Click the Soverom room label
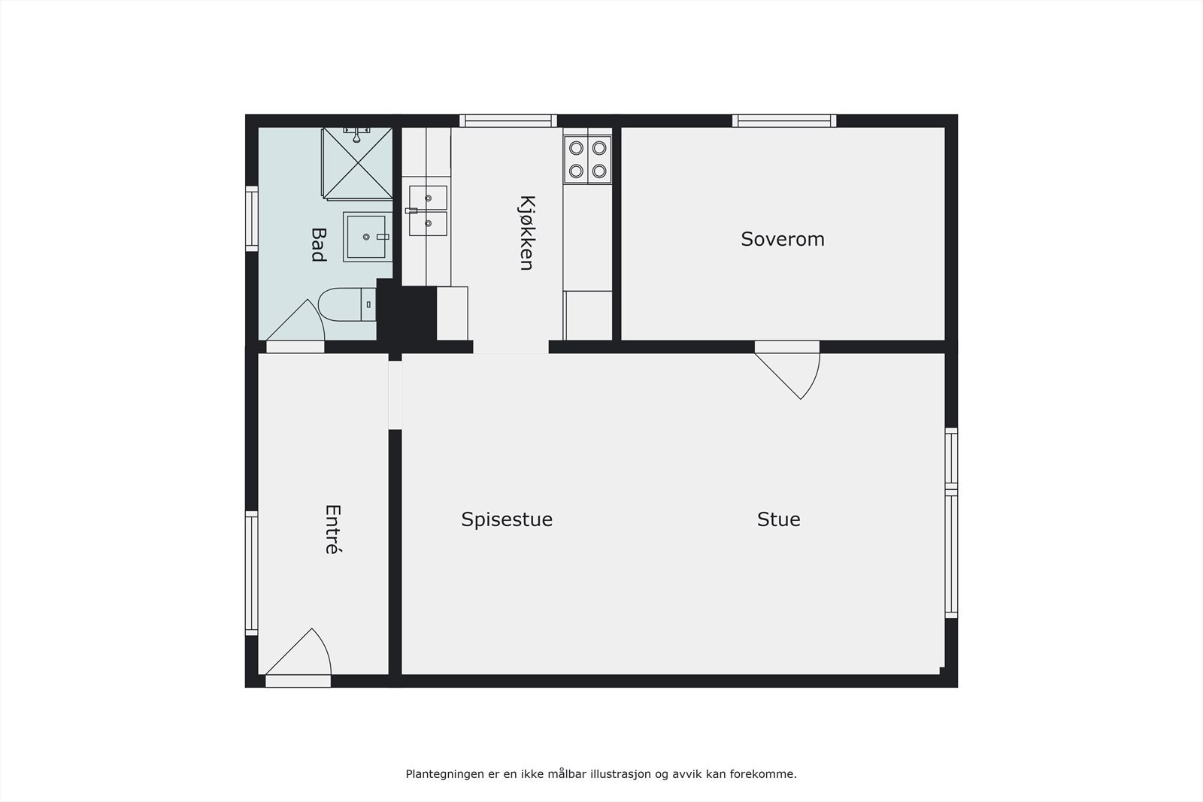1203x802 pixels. pyautogui.click(x=783, y=239)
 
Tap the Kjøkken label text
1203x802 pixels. pyautogui.click(x=526, y=233)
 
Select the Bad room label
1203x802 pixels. pyautogui.click(x=318, y=245)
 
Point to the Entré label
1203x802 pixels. pyautogui.click(x=332, y=529)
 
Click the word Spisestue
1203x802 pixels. pyautogui.click(x=507, y=519)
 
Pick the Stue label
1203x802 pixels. pyautogui.click(x=778, y=519)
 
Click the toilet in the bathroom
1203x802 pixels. pyautogui.click(x=347, y=304)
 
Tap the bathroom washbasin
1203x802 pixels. pyautogui.click(x=366, y=237)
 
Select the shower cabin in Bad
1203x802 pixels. pyautogui.click(x=358, y=163)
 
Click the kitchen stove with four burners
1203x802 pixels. pyautogui.click(x=588, y=159)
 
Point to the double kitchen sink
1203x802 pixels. pyautogui.click(x=428, y=211)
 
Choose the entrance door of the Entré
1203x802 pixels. pyautogui.click(x=298, y=655)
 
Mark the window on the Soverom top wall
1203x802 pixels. pyautogui.click(x=784, y=120)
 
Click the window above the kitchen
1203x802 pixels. pyautogui.click(x=508, y=120)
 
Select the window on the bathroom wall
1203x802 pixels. pyautogui.click(x=251, y=218)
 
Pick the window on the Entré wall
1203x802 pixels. pyautogui.click(x=251, y=574)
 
